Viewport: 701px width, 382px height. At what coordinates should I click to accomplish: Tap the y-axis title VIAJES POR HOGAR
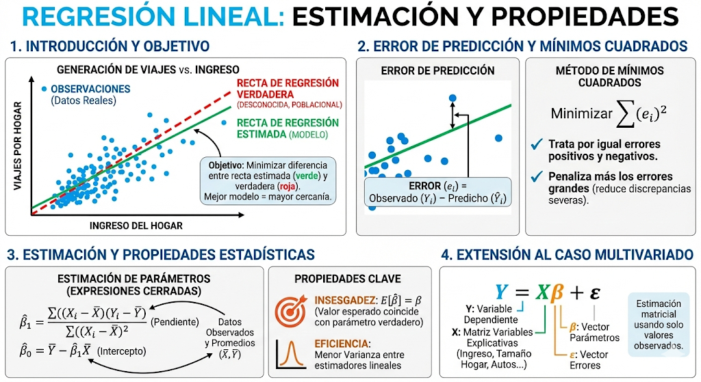(x=17, y=146)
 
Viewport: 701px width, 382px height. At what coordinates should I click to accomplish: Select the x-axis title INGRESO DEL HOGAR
(x=136, y=226)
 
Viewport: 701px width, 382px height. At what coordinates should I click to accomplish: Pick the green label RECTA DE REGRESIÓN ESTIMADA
(x=288, y=128)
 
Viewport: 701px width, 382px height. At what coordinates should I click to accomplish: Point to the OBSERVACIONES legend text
(x=90, y=89)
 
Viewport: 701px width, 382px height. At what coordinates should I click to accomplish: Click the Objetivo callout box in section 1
(x=268, y=180)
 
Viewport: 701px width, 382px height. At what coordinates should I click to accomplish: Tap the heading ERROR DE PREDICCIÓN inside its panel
(x=437, y=70)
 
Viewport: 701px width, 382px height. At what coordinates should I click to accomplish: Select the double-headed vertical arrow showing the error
(x=453, y=115)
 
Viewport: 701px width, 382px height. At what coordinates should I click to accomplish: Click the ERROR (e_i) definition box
(x=437, y=192)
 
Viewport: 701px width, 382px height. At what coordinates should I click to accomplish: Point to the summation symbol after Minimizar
(x=626, y=114)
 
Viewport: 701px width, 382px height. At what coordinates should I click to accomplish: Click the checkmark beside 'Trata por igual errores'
(x=537, y=145)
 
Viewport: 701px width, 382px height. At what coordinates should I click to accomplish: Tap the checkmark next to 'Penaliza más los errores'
(x=537, y=177)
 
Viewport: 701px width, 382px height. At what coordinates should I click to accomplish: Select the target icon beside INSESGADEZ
(x=290, y=310)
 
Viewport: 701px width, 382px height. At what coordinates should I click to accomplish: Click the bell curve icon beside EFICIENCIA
(x=290, y=355)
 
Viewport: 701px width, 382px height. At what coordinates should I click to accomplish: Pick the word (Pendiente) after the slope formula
(x=175, y=322)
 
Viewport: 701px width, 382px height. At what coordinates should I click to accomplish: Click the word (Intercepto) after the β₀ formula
(x=122, y=351)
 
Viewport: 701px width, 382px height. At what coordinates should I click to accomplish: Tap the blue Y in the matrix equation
(x=502, y=292)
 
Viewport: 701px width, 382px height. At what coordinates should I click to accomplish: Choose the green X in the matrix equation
(x=543, y=292)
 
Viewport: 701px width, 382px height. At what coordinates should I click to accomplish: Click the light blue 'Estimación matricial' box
(x=659, y=325)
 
